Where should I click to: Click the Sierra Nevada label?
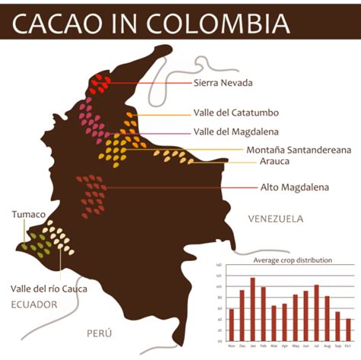coord(222,82)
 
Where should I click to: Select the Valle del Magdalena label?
coord(234,131)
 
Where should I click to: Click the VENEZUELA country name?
coord(276,218)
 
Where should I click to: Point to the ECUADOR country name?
coord(34,304)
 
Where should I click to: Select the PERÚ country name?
coord(99,333)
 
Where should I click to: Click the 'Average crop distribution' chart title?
coord(292,260)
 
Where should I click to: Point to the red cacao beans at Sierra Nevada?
coord(101,81)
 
